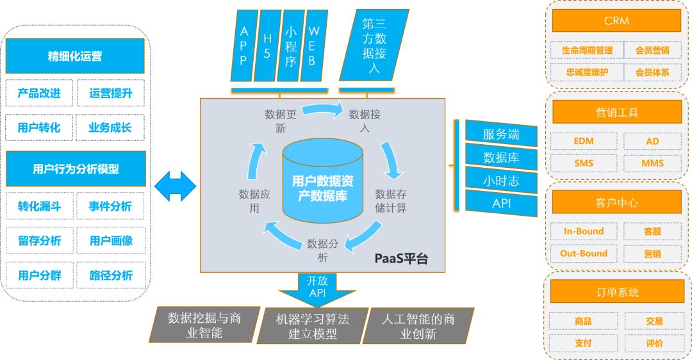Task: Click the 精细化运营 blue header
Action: (x=75, y=56)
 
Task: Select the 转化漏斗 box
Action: (x=40, y=206)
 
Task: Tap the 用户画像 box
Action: (x=111, y=241)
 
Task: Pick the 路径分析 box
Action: (x=111, y=275)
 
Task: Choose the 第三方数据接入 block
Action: (x=374, y=46)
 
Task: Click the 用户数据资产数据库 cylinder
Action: (x=323, y=181)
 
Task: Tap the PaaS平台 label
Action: (x=400, y=259)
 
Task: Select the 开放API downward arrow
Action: (x=317, y=288)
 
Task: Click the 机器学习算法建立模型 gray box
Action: (x=312, y=325)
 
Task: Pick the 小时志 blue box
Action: (x=501, y=181)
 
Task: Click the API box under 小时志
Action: (x=501, y=204)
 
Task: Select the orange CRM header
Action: (x=616, y=20)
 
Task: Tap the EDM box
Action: (x=584, y=141)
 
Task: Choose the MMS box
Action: (x=652, y=163)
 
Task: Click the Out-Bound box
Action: (x=584, y=253)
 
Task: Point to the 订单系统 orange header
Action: (x=616, y=293)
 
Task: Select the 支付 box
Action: (x=584, y=343)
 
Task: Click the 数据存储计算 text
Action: (x=390, y=200)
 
